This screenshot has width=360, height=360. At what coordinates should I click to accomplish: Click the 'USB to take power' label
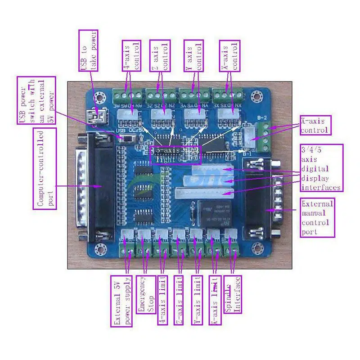click(x=88, y=50)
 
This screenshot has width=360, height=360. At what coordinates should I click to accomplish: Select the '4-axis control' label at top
click(x=131, y=57)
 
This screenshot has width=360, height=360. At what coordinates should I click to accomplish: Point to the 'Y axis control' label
click(x=193, y=57)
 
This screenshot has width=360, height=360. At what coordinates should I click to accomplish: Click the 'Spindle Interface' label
click(x=232, y=294)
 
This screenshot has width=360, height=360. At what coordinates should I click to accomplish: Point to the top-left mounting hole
click(x=103, y=96)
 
